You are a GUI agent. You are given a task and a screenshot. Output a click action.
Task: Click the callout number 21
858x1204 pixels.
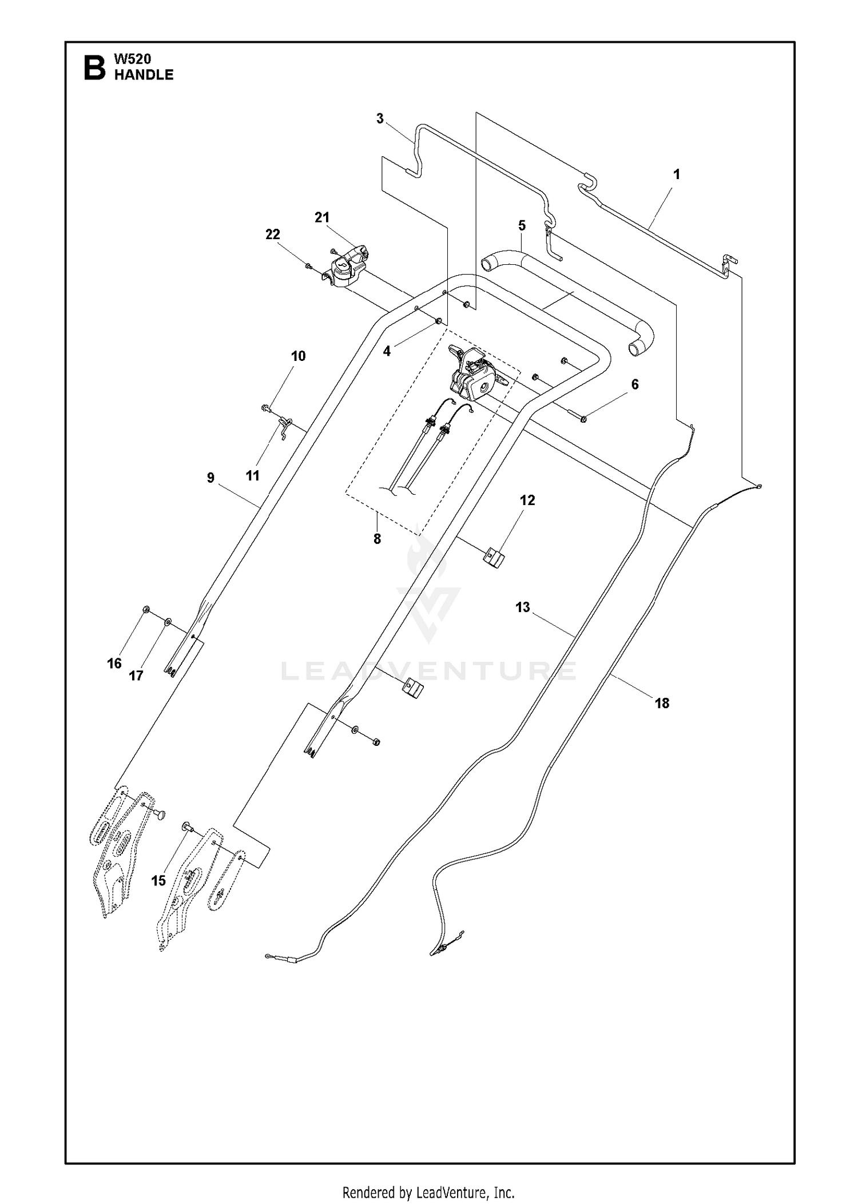(x=322, y=217)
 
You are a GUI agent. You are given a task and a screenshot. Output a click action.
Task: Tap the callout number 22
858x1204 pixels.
(x=273, y=235)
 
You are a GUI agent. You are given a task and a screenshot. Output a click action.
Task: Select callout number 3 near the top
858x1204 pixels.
(x=380, y=119)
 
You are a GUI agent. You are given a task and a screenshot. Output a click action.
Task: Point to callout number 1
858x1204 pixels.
(x=677, y=174)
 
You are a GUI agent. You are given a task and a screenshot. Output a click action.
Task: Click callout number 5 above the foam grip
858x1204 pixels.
(x=522, y=225)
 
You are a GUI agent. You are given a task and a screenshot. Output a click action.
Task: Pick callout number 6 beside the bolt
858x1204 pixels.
(x=634, y=384)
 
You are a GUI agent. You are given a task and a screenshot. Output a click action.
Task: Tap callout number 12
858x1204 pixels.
(x=527, y=500)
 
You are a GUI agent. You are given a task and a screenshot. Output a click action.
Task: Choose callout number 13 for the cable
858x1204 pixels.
(x=523, y=607)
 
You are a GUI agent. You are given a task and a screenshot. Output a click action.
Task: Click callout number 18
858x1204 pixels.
(x=662, y=703)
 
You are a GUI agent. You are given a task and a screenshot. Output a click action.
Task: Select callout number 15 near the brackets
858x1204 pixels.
(x=158, y=881)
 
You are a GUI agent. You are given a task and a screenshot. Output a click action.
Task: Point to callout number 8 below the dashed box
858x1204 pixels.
(x=377, y=539)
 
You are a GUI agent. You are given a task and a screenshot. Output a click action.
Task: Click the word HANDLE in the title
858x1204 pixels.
(x=144, y=74)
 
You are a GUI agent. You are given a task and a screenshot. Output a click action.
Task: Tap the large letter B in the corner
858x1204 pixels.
(x=94, y=68)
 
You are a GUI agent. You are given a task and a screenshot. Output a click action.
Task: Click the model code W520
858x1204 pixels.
(x=133, y=59)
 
